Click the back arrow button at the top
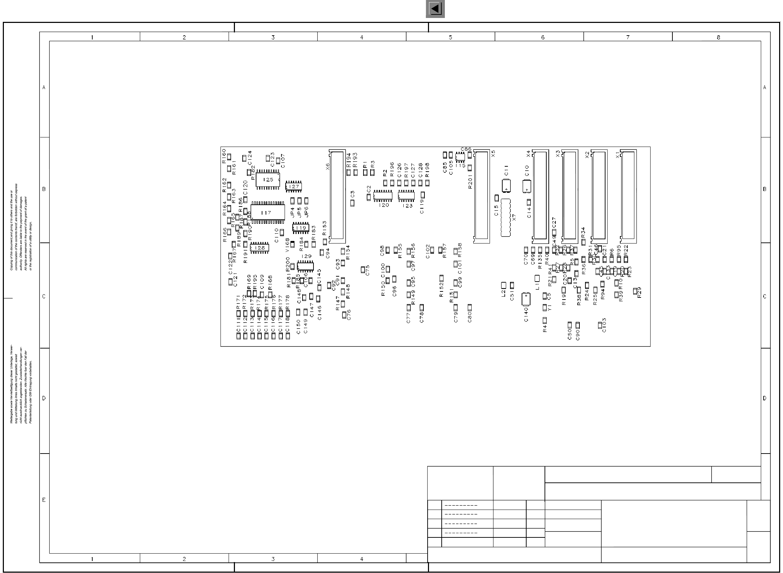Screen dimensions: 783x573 [x=435, y=9]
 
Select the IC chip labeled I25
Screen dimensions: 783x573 [x=268, y=179]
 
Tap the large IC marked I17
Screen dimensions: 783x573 [x=268, y=212]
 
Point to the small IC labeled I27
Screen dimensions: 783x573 [x=293, y=186]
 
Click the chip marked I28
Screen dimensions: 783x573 [x=260, y=248]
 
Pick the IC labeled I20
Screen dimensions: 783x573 [x=383, y=196]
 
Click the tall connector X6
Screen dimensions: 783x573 [x=337, y=196]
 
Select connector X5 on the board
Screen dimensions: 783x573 [x=481, y=196]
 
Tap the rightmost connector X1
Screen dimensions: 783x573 [x=628, y=196]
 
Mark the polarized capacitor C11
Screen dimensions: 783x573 [x=507, y=185]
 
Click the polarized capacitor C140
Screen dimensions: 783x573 [x=526, y=299]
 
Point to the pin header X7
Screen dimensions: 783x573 [x=506, y=218]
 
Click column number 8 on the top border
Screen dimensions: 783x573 [x=719, y=37]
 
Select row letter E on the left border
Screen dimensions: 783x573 [x=44, y=500]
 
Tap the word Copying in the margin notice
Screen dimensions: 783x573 [x=12, y=265]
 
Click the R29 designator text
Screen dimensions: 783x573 [x=639, y=292]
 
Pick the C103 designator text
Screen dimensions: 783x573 [x=604, y=325]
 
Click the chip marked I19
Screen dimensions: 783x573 [x=301, y=228]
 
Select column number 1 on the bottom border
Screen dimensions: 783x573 [x=92, y=559]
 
